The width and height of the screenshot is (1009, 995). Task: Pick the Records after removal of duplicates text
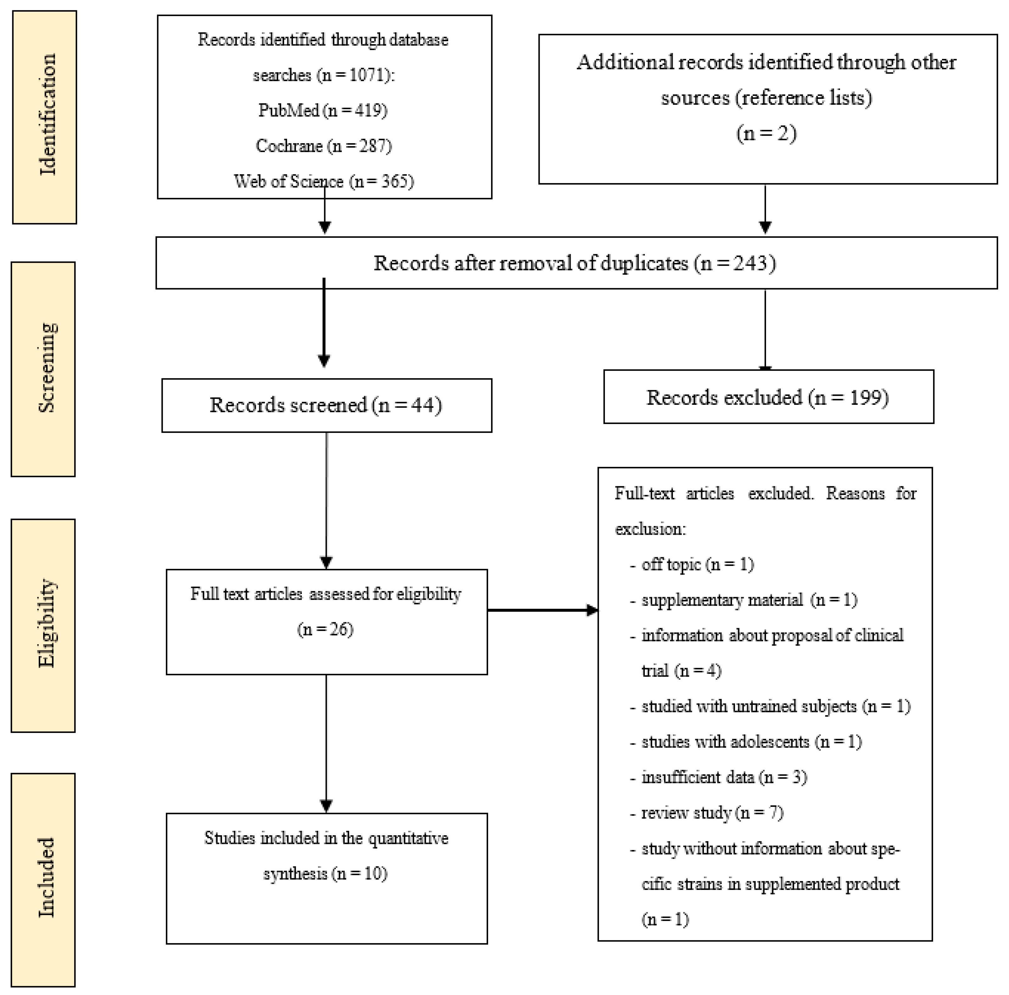(574, 263)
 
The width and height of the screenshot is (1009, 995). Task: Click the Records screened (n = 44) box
(326, 405)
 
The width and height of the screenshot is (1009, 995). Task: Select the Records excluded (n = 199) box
(768, 397)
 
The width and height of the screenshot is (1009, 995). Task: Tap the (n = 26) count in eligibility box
(325, 629)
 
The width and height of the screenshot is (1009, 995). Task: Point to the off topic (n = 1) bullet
(697, 564)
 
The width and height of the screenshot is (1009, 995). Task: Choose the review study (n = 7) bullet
(712, 813)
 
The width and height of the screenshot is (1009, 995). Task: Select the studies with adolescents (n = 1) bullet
(751, 742)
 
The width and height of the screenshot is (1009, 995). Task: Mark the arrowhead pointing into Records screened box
(324, 361)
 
